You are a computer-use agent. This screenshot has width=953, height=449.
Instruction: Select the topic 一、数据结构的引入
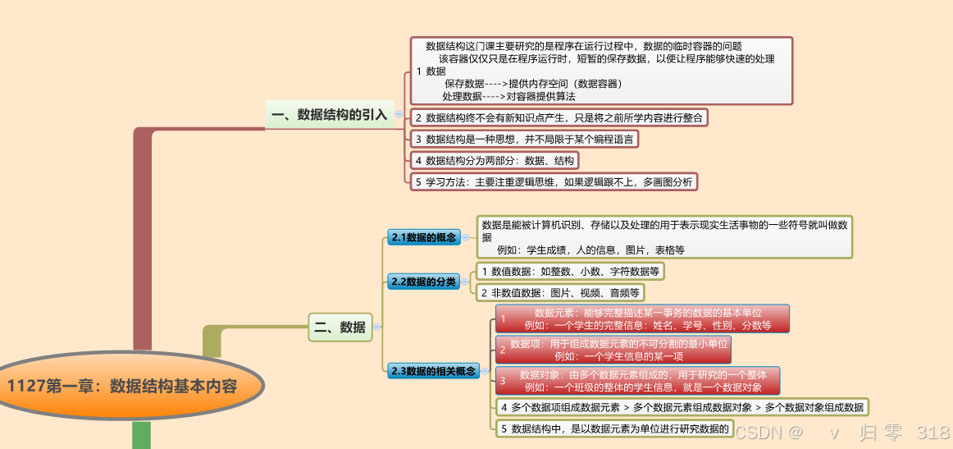[329, 115]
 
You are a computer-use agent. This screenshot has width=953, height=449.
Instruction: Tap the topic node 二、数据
[340, 327]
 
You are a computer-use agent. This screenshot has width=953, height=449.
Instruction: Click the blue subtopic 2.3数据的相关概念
[433, 371]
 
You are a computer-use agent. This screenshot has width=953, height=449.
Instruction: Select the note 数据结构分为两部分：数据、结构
[495, 161]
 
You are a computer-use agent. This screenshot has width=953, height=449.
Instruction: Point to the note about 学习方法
[554, 182]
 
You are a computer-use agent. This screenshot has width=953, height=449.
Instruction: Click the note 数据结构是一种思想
[524, 140]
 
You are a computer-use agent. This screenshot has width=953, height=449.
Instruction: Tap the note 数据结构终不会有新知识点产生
[559, 117]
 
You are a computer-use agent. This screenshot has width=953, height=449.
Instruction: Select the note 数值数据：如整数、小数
[570, 271]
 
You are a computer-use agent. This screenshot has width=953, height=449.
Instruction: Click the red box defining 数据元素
[642, 318]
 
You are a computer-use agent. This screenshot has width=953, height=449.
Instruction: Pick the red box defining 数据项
[613, 350]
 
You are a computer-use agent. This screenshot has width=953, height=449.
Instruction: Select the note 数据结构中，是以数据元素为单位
[614, 428]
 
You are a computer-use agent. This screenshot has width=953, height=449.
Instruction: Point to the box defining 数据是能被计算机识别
[665, 236]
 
